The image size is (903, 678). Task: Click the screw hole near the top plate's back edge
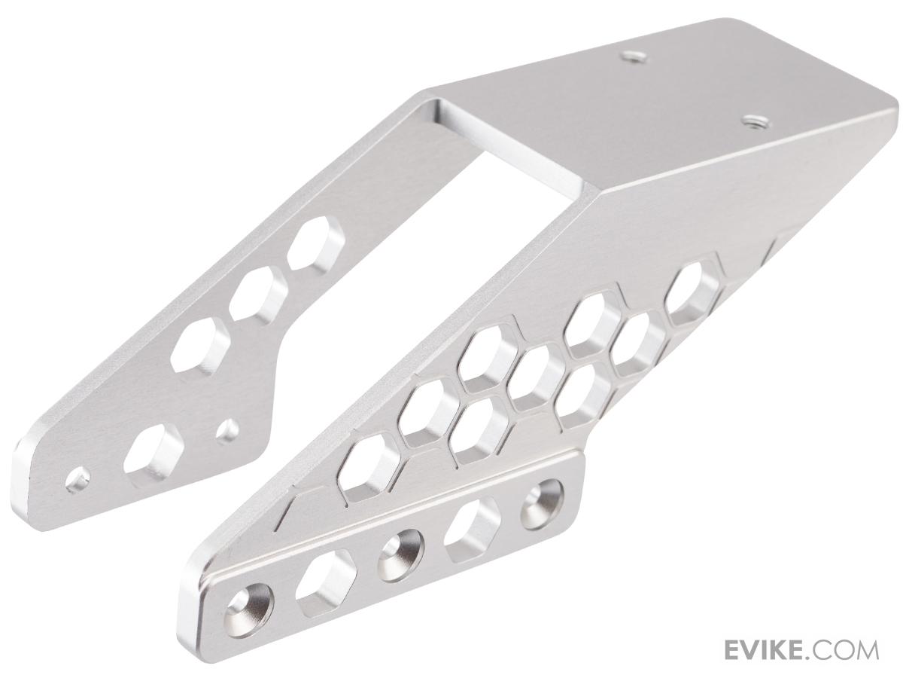coord(633,56)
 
